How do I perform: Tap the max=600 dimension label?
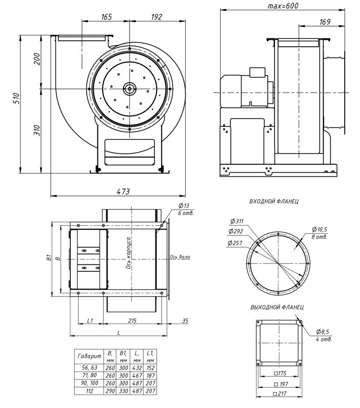click(x=283, y=6)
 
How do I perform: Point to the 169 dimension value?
click(x=325, y=21)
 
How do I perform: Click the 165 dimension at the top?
click(x=106, y=17)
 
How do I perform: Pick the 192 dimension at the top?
click(x=156, y=17)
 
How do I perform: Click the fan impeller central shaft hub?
click(x=128, y=88)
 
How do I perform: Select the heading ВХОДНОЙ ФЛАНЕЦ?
click(x=274, y=201)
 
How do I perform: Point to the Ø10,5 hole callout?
click(x=319, y=229)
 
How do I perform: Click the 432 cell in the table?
click(x=137, y=367)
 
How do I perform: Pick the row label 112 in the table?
click(x=88, y=391)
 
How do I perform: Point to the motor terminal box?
click(x=257, y=72)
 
